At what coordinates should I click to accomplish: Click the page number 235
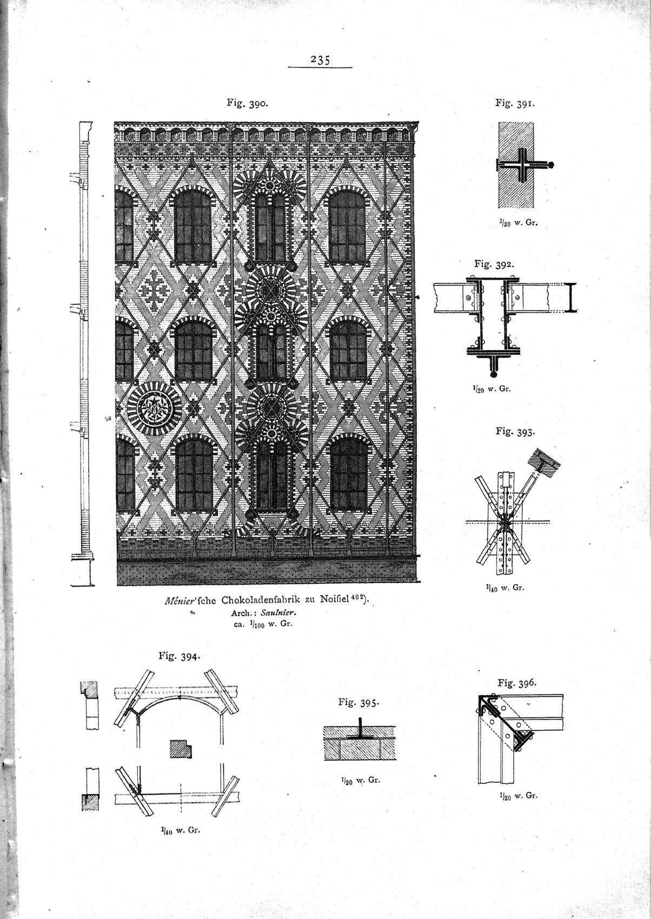(x=320, y=59)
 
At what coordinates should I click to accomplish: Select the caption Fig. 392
(x=494, y=264)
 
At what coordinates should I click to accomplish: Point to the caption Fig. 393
(x=515, y=431)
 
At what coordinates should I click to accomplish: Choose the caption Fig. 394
(x=180, y=656)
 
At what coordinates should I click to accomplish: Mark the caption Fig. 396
(x=517, y=682)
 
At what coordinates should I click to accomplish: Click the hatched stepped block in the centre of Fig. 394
(x=180, y=748)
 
